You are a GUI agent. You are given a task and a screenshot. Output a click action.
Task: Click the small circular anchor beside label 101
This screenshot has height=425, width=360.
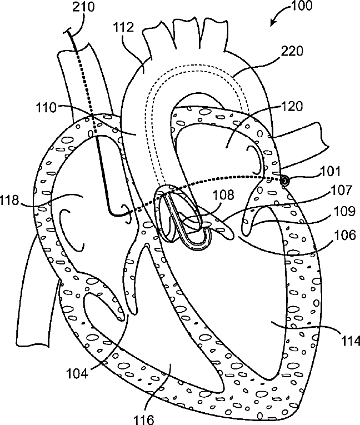[x=284, y=181]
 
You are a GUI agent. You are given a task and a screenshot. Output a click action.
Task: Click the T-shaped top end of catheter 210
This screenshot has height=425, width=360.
[x=69, y=33]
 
